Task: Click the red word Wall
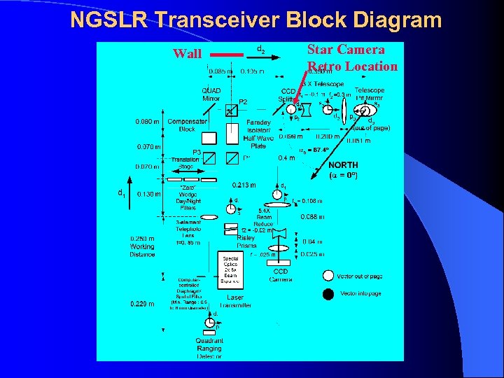187,54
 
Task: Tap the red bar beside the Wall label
227,54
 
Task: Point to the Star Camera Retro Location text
352,58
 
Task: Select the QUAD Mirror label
211,94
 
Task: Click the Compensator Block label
186,125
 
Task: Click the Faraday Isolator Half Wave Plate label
259,133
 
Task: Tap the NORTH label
343,165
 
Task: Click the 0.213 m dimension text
244,185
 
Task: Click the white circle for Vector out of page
328,276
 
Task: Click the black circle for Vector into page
328,294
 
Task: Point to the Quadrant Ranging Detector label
209,348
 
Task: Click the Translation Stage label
186,162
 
